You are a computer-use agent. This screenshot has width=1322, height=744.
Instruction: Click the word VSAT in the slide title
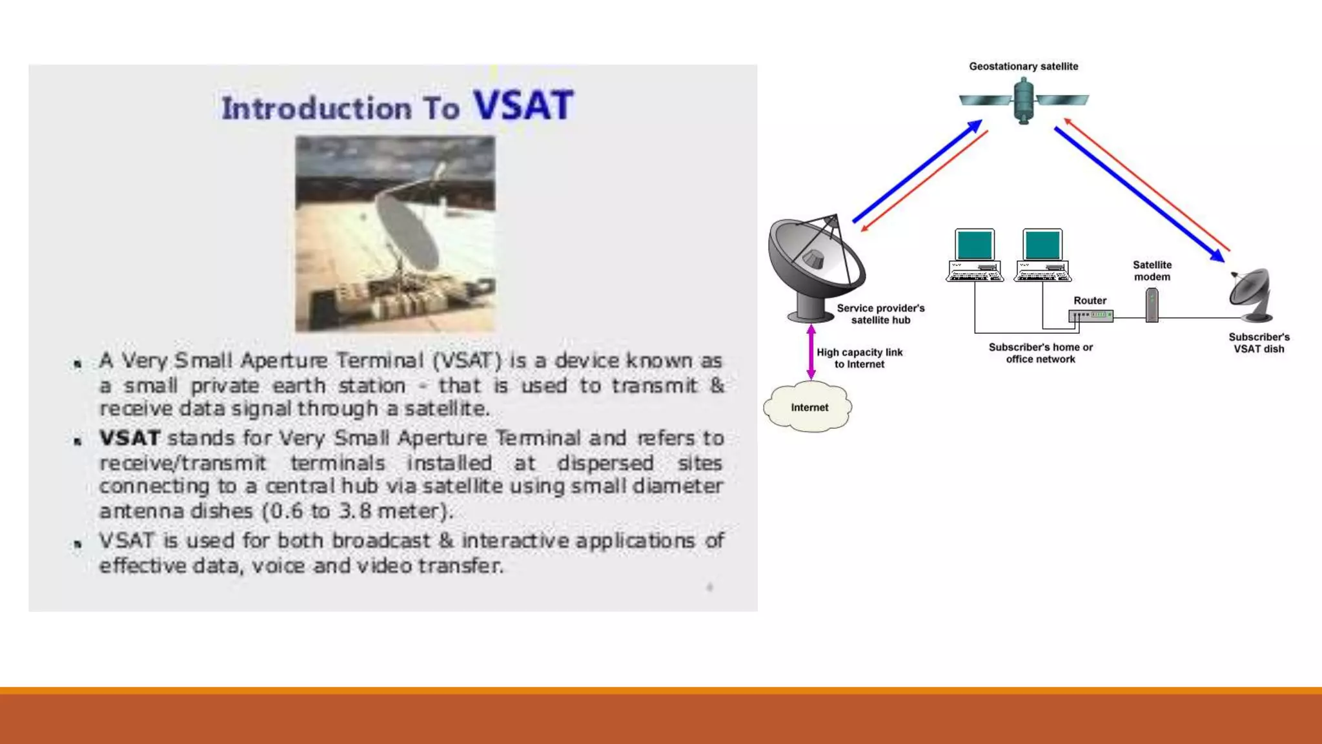tap(523, 105)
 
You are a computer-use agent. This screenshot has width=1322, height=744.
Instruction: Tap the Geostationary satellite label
tap(1023, 67)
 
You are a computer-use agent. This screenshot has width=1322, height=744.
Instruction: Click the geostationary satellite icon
tap(1023, 100)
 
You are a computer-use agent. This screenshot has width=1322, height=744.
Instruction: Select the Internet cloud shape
tap(808, 407)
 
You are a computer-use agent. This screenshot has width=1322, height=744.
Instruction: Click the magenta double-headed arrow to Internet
tap(811, 352)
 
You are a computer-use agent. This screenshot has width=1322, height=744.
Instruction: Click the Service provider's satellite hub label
tap(880, 314)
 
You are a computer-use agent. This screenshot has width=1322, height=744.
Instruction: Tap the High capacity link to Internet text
tap(859, 358)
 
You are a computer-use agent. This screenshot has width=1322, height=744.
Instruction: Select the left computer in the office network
tap(975, 255)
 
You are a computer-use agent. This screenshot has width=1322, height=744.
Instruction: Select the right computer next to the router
tap(1042, 255)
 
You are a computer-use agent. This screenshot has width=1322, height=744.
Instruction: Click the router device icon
tap(1090, 316)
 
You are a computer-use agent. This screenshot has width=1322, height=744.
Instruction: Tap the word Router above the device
tap(1090, 300)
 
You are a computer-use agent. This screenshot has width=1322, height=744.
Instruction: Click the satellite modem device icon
tap(1152, 305)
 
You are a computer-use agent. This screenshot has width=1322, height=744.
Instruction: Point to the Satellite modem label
tap(1152, 271)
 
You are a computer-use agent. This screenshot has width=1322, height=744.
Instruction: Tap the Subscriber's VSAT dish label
tap(1259, 343)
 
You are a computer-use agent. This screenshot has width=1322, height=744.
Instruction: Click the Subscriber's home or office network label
tap(1041, 353)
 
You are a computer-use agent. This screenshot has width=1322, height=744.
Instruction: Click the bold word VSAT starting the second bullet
tap(129, 438)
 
